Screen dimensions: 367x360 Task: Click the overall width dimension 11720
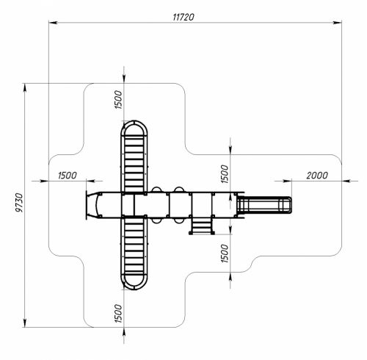coord(183,17)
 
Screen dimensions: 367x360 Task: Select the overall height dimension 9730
coord(19,203)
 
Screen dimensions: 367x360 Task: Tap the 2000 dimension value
coord(317,176)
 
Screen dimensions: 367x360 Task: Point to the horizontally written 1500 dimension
coord(68,176)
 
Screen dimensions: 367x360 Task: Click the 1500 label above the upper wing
coord(118,100)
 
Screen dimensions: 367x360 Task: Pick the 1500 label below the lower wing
coord(118,313)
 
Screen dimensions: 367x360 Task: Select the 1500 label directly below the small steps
coord(225,253)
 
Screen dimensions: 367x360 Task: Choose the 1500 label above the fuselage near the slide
coord(225,174)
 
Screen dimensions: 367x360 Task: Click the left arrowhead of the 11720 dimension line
coord(53,23)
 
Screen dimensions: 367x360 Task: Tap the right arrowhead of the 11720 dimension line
coord(337,23)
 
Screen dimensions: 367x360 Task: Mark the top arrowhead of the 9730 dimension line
coord(25,88)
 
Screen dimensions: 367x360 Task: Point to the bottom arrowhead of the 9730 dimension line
coord(25,323)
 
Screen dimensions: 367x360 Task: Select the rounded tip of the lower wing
coord(134,289)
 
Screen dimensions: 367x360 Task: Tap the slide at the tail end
coord(264,205)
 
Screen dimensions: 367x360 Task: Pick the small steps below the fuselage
coord(202,226)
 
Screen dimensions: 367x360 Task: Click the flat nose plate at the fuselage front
coord(87,205)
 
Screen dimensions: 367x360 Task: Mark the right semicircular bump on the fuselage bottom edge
coord(179,221)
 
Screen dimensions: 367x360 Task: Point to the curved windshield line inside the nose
coord(96,205)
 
